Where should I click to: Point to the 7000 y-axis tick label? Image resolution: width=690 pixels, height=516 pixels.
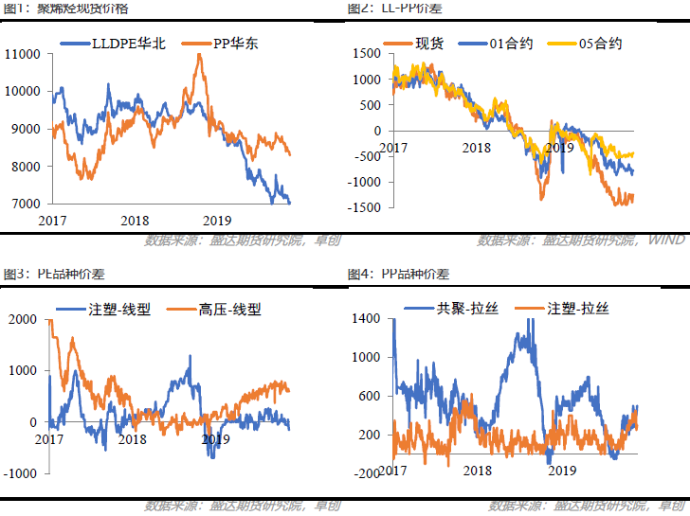click(25, 204)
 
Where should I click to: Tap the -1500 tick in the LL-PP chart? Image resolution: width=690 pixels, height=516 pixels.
click(365, 207)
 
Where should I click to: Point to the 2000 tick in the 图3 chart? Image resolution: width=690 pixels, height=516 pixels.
click(20, 319)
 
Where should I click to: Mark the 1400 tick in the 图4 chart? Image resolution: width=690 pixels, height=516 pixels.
click(365, 319)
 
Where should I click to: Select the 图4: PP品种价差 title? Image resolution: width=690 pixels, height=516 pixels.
click(398, 275)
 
